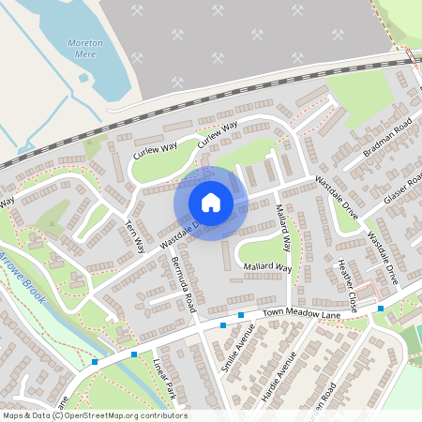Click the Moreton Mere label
[85, 49]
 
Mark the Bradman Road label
[387, 138]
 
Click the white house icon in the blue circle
[211, 202]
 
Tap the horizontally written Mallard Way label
[268, 268]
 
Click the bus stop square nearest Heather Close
[381, 308]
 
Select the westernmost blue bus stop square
[95, 362]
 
